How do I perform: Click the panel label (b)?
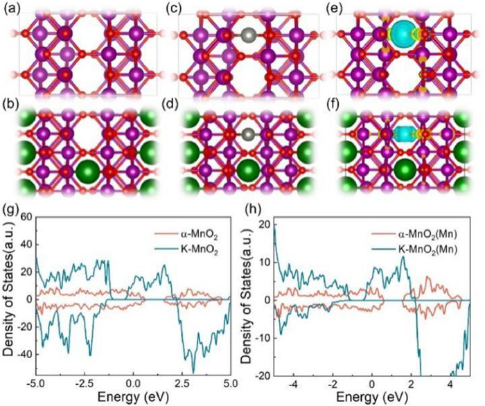[12, 107]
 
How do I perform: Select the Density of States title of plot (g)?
[9, 294]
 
